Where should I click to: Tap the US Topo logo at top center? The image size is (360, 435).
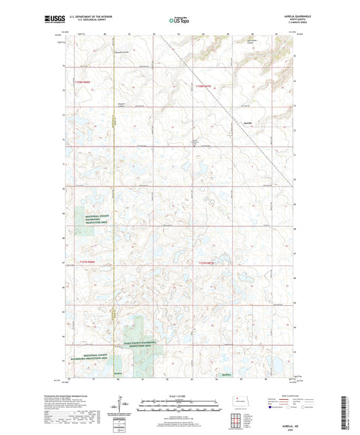180,21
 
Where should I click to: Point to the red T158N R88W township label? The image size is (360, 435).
84,83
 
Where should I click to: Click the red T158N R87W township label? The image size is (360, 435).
203,86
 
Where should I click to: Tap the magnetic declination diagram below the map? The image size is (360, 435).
120,407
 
